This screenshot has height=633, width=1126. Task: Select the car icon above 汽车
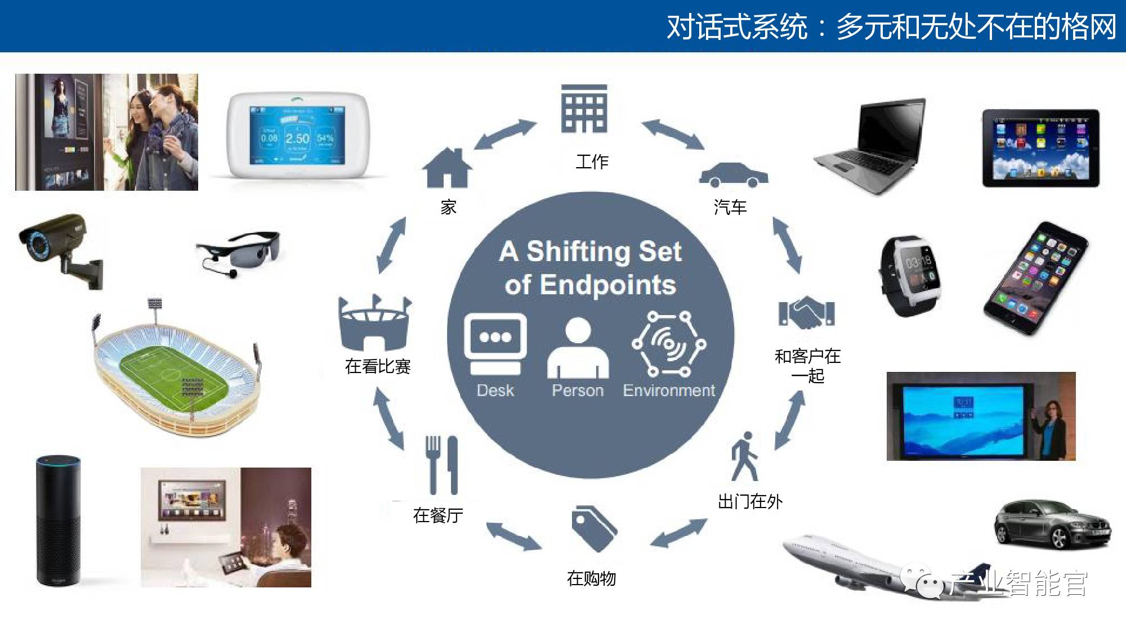coord(733,175)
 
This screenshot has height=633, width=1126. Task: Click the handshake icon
coord(806,313)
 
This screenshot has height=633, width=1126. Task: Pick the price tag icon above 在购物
coord(593,528)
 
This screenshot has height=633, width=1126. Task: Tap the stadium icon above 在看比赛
coord(375,322)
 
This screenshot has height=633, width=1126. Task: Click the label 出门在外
coord(750,501)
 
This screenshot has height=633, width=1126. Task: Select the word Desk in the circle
coord(495,390)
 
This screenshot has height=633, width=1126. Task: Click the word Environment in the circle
coord(668,390)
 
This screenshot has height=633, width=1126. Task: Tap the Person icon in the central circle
coord(578,348)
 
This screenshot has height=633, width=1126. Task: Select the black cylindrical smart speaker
coord(58,520)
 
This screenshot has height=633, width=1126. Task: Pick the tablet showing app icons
coord(1040,149)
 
